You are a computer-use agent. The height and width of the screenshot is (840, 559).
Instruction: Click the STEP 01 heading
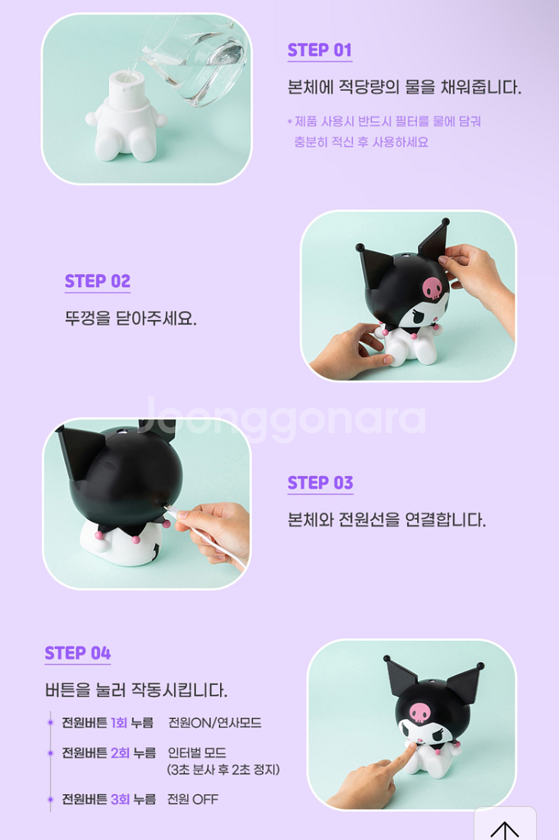pyautogui.click(x=319, y=50)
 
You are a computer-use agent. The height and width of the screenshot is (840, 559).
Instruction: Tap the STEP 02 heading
pyautogui.click(x=98, y=281)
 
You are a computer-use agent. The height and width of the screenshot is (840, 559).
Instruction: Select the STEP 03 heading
pyautogui.click(x=320, y=483)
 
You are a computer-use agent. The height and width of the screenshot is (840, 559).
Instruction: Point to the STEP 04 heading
pyautogui.click(x=78, y=653)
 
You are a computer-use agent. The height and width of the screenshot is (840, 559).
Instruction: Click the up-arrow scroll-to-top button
pyautogui.click(x=504, y=827)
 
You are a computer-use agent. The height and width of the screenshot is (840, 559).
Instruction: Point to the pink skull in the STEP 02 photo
pyautogui.click(x=433, y=288)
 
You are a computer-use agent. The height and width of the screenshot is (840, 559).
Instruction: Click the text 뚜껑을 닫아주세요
pyautogui.click(x=131, y=318)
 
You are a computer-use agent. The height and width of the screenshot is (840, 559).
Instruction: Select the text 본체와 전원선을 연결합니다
pyautogui.click(x=387, y=520)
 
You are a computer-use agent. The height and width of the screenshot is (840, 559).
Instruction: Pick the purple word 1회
pyautogui.click(x=119, y=723)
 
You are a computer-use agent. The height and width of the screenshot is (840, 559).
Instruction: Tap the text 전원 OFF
pyautogui.click(x=193, y=799)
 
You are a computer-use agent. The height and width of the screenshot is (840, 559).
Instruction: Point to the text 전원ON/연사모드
pyautogui.click(x=215, y=723)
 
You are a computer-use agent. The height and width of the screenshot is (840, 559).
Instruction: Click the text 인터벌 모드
pyautogui.click(x=197, y=752)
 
